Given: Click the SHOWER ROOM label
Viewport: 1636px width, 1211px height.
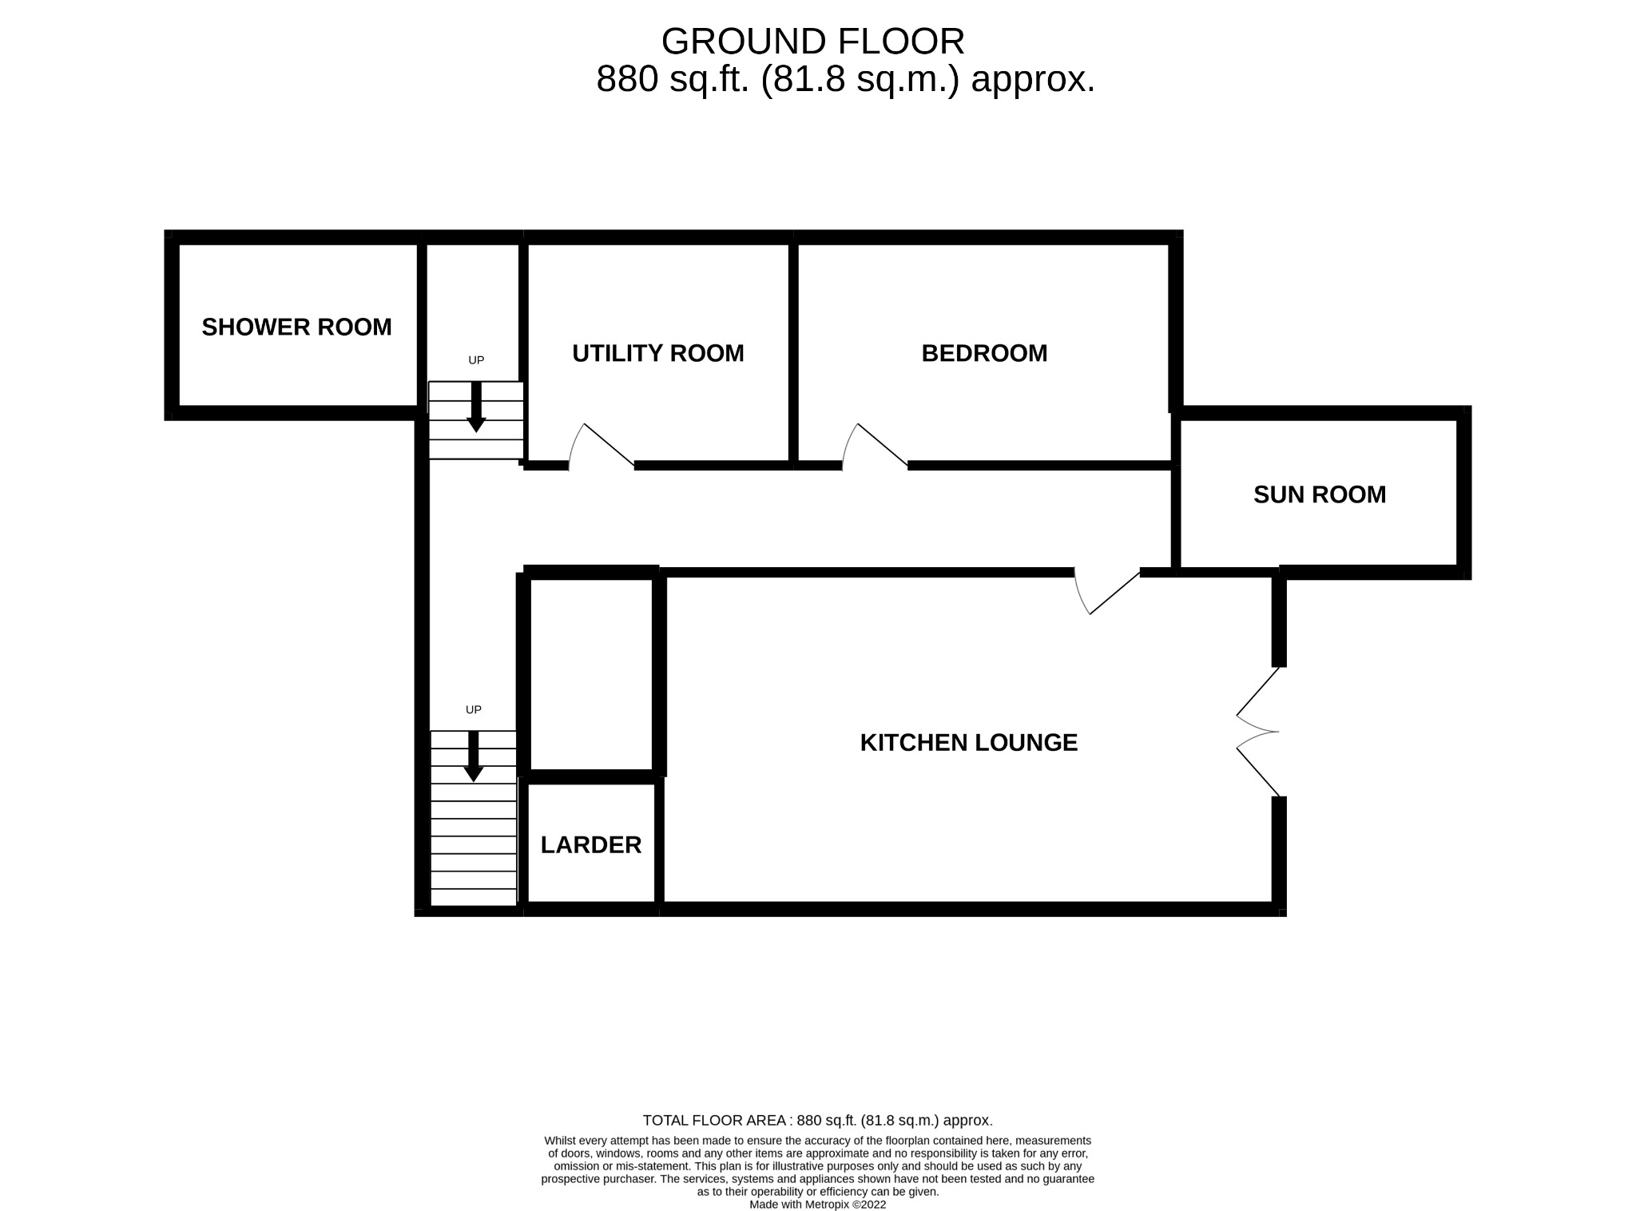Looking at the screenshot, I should click(x=296, y=328).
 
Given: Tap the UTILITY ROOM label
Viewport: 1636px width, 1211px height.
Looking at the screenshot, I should click(x=657, y=353).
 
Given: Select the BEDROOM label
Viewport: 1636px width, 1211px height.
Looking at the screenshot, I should click(x=983, y=353).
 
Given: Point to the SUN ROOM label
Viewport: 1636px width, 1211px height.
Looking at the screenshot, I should click(x=1319, y=494).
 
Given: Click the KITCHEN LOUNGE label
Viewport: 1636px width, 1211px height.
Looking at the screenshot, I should click(x=968, y=743).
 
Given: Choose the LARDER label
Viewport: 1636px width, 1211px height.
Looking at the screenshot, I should click(x=590, y=845).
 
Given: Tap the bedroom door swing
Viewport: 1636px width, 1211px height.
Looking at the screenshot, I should click(x=873, y=444).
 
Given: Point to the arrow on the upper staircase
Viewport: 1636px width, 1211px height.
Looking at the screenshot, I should click(x=476, y=407).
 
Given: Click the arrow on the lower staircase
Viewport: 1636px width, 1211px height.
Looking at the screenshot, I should click(x=473, y=756).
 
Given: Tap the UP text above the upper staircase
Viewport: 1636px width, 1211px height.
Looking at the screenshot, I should click(x=476, y=360).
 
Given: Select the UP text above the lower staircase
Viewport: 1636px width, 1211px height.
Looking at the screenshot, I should click(x=474, y=709).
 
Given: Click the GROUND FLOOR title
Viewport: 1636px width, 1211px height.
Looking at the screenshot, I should click(x=812, y=42).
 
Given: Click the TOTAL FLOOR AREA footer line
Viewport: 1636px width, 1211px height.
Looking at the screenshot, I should click(x=817, y=1121).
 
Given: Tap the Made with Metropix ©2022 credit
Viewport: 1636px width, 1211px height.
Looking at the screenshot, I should click(x=817, y=1205).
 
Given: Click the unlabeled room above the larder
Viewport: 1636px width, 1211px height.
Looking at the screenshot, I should click(x=591, y=673).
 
